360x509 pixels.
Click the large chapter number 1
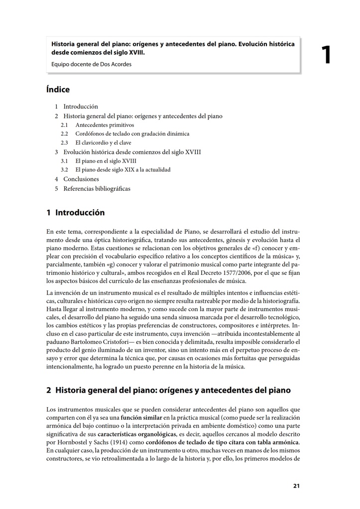326,55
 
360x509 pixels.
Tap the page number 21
296,486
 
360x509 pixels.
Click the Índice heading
58,89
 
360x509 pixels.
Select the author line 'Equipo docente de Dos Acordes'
92,64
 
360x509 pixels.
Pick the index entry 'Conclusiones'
81,179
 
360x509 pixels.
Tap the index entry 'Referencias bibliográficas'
97,188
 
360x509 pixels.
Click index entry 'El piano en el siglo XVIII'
106,161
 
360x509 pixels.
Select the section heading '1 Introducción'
76,212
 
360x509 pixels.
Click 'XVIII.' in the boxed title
134,52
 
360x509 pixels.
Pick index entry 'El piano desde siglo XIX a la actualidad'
122,170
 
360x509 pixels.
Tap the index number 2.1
65,125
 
